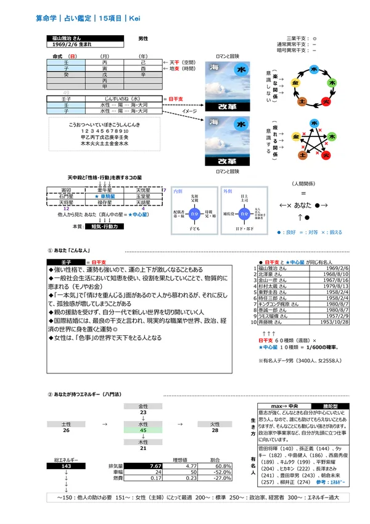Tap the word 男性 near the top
pos(143,38)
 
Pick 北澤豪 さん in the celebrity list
pos(273,275)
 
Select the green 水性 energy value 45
pos(143,431)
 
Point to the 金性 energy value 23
pos(143,412)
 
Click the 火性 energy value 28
pos(215,431)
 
